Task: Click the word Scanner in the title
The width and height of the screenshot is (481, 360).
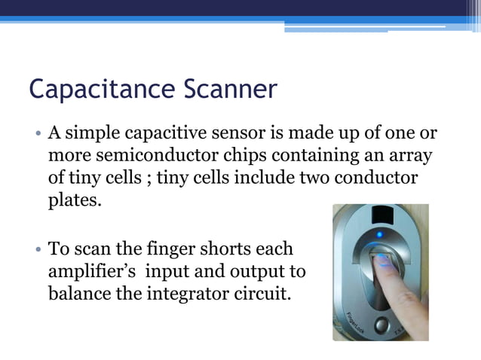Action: (x=230, y=90)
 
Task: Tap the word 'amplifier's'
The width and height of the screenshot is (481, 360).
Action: (x=95, y=271)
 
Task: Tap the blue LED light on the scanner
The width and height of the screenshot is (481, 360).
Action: (x=379, y=234)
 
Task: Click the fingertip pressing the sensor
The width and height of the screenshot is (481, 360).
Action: (x=382, y=261)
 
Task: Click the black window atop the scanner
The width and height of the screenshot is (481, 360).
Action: (x=383, y=213)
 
